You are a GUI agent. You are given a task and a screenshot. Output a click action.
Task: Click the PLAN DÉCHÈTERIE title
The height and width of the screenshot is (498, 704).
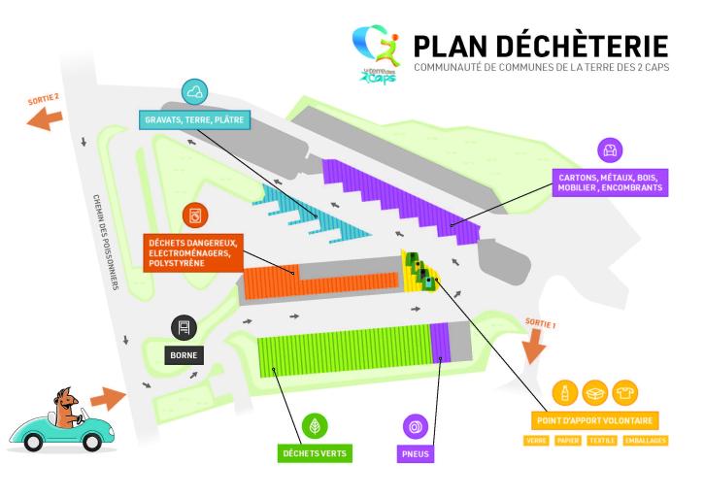540,46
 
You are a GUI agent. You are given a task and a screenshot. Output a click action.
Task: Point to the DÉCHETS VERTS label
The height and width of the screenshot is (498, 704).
314,452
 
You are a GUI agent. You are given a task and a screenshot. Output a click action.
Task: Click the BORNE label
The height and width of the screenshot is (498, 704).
184,355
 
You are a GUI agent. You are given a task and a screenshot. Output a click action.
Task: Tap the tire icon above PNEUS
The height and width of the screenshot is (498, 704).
417,426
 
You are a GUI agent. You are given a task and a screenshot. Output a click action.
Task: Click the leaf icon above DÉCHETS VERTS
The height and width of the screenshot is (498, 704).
314,425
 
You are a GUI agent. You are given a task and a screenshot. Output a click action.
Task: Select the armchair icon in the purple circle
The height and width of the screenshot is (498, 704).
610,149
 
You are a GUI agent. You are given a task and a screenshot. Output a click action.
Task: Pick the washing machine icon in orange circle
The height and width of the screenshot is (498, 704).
195,214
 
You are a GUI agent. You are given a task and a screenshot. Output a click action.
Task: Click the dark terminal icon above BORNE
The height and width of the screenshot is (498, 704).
184,327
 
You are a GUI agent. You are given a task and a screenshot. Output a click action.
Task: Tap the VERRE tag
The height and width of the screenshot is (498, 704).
535,441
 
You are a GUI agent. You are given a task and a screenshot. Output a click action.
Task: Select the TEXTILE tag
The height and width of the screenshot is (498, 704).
601,441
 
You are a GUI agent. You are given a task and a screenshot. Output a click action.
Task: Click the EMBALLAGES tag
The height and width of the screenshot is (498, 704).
646,441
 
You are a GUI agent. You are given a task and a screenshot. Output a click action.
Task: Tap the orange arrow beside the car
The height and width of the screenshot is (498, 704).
107,398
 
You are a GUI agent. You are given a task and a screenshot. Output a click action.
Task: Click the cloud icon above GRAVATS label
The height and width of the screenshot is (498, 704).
195,92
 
